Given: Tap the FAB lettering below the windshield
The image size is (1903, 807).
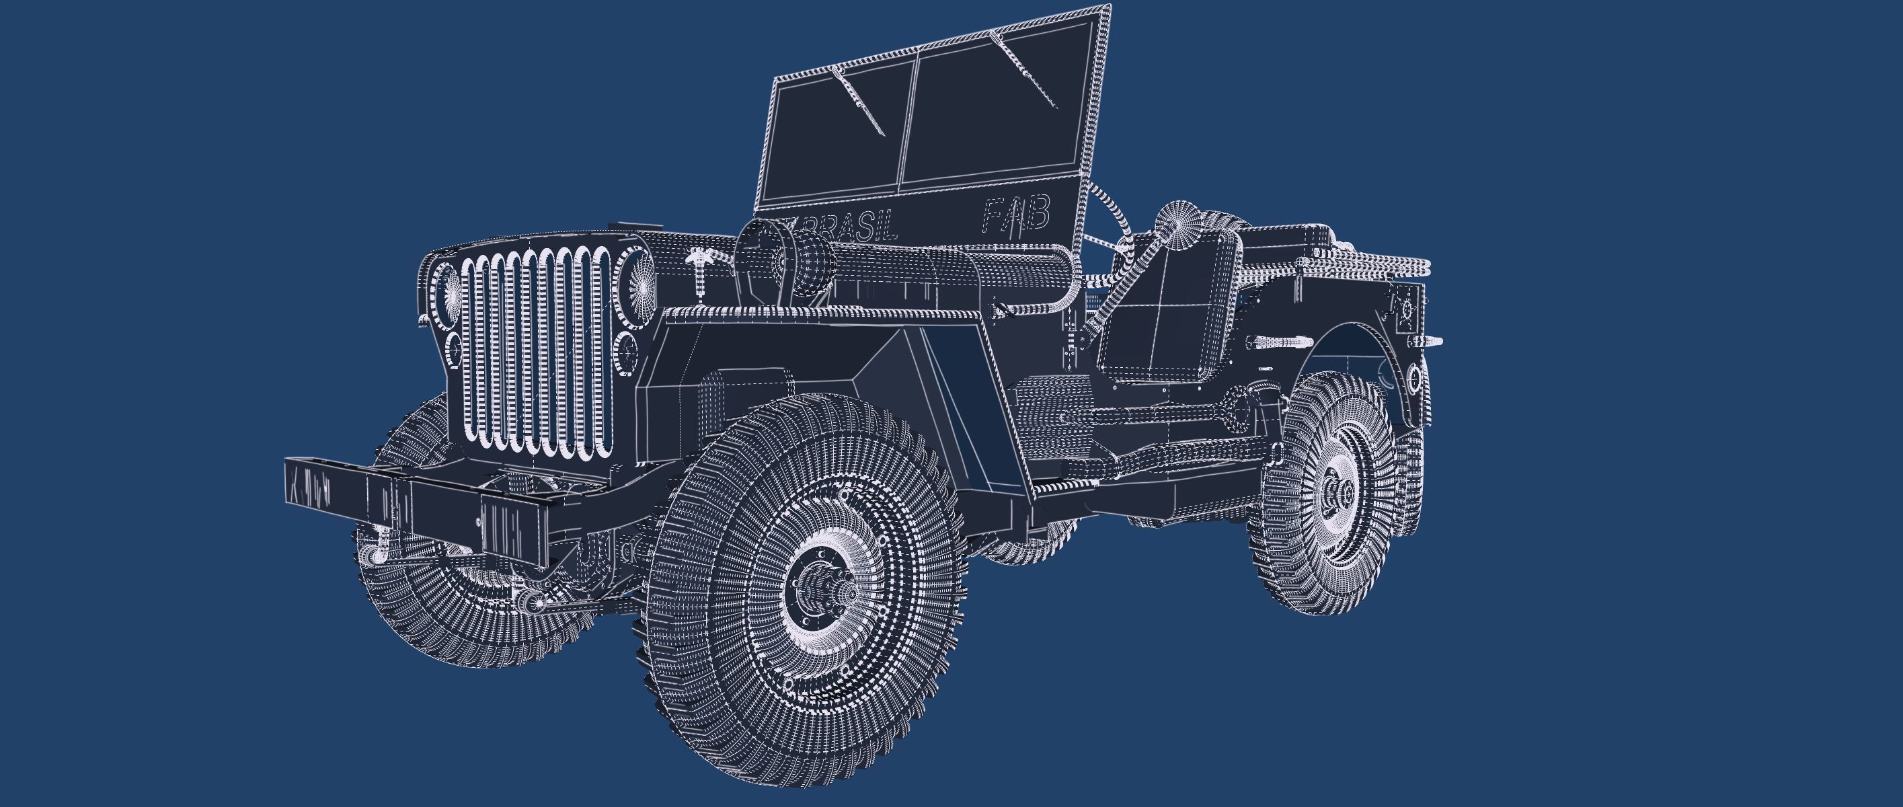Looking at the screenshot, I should click(1017, 215).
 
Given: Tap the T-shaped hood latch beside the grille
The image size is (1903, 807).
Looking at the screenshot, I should click(698, 270).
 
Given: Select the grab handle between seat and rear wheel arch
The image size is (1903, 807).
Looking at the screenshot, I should click(1274, 343).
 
